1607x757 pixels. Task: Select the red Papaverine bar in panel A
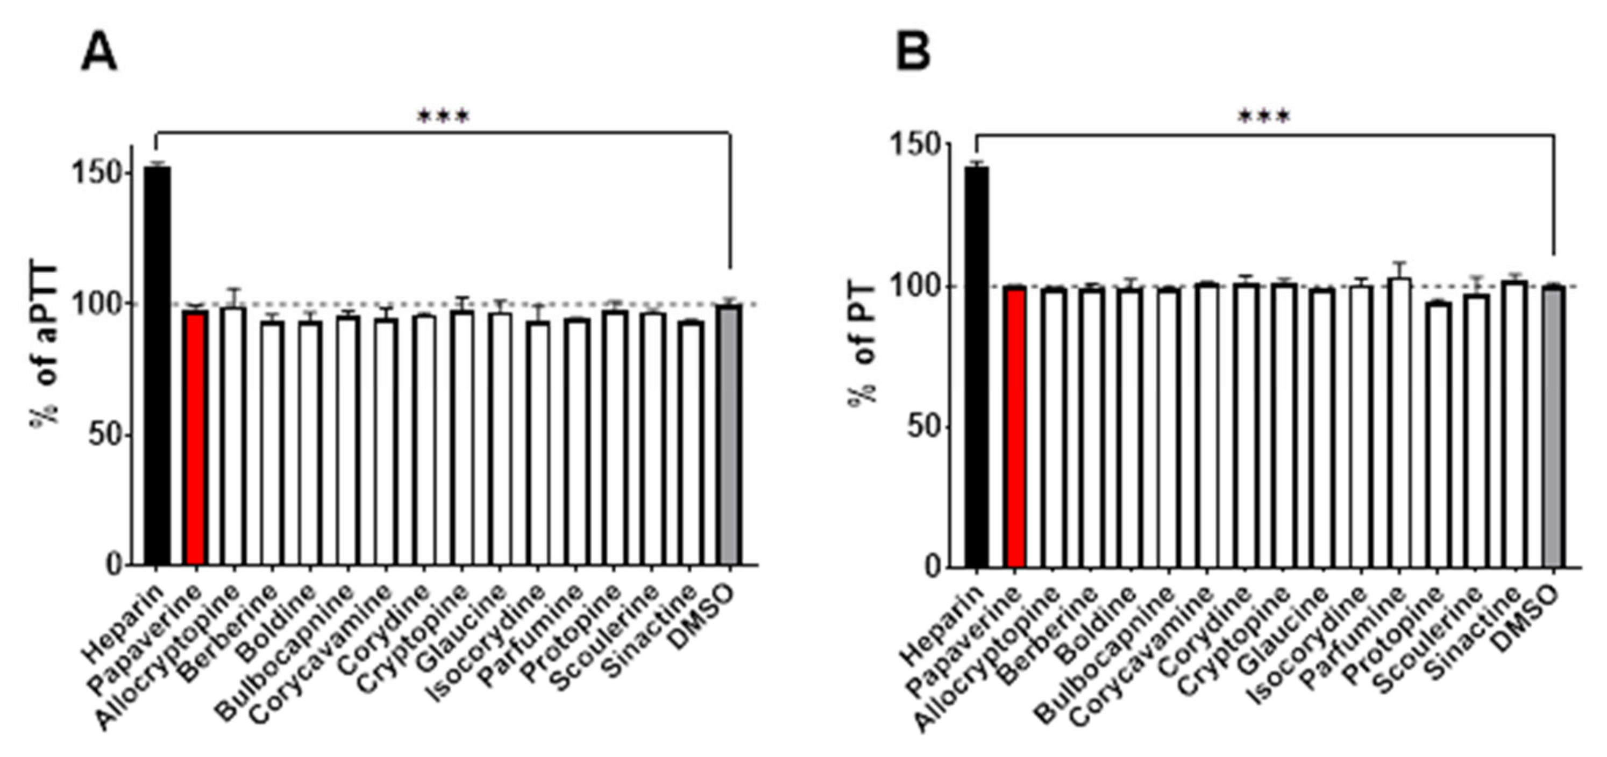coord(195,437)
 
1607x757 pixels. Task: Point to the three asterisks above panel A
coord(443,117)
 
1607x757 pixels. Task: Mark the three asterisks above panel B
coord(1264,117)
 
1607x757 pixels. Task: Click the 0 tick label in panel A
coord(114,565)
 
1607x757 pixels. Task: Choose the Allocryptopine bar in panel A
coord(233,437)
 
